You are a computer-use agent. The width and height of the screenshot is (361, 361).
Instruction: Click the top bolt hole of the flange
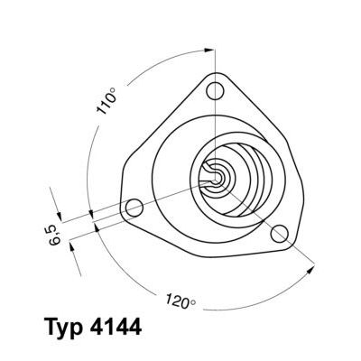[214, 91]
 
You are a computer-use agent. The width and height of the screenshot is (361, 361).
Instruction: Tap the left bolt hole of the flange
[134, 208]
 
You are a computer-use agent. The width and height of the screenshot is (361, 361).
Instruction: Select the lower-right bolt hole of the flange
[281, 234]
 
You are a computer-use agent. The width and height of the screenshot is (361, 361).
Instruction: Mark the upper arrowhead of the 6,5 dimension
[62, 217]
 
